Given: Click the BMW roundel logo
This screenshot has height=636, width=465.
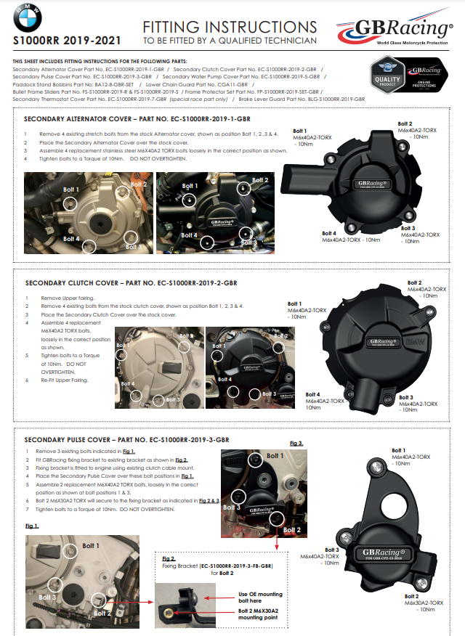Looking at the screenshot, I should click(27, 17).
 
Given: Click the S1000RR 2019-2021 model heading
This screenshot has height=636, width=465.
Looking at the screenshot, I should click(68, 41).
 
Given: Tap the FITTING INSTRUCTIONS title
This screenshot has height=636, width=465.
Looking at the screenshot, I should click(230, 27).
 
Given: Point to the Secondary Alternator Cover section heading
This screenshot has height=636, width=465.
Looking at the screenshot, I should click(137, 118).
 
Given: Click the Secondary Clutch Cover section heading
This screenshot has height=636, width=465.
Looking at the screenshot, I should click(131, 282).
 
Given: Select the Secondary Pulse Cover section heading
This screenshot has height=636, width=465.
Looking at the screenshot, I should click(126, 440).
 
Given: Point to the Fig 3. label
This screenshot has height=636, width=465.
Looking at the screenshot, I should click(296, 443).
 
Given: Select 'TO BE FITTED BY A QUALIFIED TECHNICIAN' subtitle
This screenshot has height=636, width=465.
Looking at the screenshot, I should click(230, 41).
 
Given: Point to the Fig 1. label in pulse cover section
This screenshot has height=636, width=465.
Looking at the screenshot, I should click(32, 525).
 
